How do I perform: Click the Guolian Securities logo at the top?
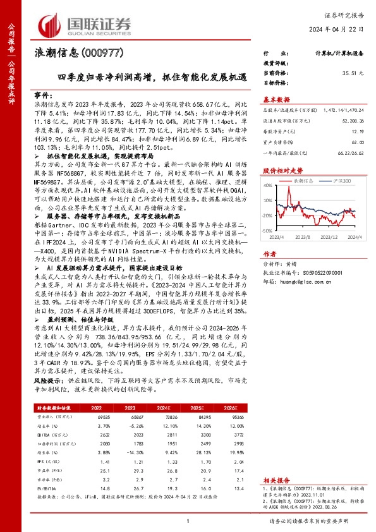coord(85,24)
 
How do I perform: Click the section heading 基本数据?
coord(276,99)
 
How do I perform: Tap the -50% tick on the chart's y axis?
coord(267,232)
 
